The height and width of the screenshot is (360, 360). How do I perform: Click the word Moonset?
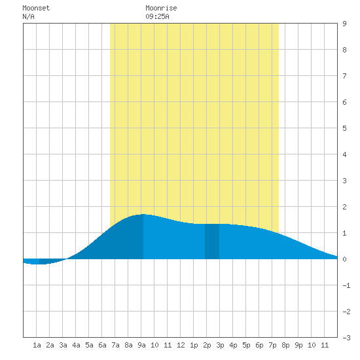pos(36,8)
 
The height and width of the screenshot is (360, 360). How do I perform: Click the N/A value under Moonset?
pos(28,16)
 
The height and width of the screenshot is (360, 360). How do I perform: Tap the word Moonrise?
pos(161,8)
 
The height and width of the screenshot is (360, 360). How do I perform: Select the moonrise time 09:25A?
pos(157,16)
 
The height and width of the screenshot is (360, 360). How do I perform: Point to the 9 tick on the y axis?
pos(344,24)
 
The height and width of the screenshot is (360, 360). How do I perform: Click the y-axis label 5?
pos(344,128)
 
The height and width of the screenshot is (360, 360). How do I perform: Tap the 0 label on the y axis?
pos(344,259)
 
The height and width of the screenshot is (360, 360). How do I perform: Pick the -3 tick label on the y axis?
pos(346,338)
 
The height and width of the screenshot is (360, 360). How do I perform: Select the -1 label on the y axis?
pos(346,285)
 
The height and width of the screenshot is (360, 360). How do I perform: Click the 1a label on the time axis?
pos(37,345)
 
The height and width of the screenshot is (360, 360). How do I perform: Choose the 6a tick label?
pos(102,345)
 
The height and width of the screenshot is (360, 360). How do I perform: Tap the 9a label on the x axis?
pos(141,345)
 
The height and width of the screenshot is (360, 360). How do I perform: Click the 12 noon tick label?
pos(181,345)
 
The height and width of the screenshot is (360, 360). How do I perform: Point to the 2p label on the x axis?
pos(207,345)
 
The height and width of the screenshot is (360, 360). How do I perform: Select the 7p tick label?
pos(272,345)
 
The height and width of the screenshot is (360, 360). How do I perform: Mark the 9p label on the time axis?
pos(298,345)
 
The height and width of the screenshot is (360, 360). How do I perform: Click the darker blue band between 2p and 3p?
pos(212,242)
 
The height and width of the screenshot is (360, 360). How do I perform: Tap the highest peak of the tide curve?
pos(143,214)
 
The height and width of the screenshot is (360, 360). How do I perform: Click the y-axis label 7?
pos(344,76)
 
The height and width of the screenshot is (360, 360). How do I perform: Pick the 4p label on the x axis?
pos(233,345)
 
